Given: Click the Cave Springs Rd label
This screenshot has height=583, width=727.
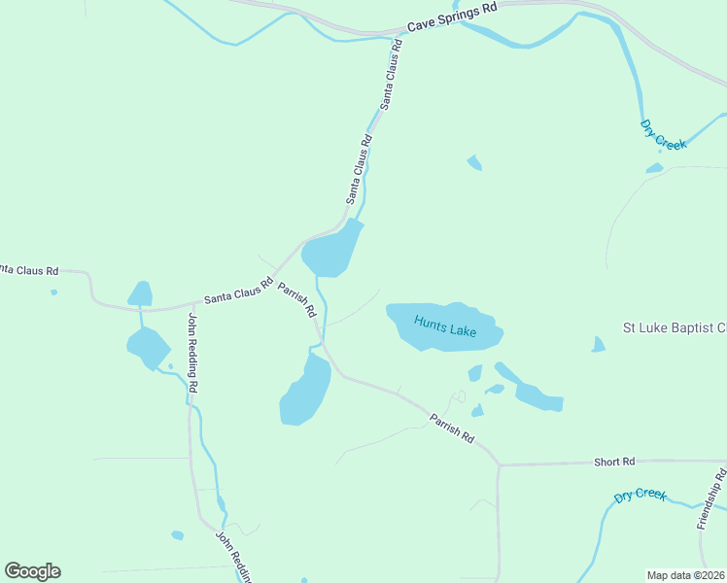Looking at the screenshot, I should (x=452, y=19).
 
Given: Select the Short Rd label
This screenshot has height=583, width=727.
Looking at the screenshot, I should (x=614, y=462).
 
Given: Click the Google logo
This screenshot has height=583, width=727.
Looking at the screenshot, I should (x=32, y=570).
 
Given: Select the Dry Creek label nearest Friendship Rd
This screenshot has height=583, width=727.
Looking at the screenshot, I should (x=640, y=496).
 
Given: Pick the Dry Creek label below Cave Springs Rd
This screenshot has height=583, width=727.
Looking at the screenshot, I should (x=663, y=135).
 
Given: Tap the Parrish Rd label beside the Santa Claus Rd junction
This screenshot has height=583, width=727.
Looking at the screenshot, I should (x=297, y=300).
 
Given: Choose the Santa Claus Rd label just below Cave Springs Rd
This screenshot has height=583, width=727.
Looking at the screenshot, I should (x=392, y=73).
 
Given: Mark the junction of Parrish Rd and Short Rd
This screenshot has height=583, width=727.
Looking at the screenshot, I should (x=499, y=464).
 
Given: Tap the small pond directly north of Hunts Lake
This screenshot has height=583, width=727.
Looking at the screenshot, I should (x=474, y=162).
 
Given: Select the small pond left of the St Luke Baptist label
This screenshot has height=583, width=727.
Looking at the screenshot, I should (x=598, y=345).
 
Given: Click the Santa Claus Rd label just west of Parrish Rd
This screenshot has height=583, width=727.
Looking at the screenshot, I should (x=238, y=291).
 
